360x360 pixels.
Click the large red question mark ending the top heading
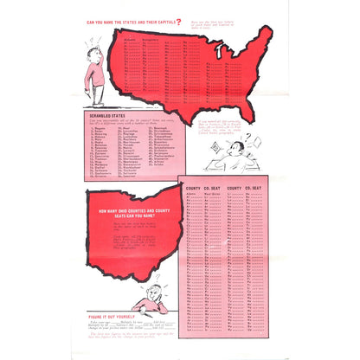click(x=179, y=22)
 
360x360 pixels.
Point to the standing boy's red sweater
click(x=93, y=74)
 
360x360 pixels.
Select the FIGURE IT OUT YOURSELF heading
click(x=116, y=317)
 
